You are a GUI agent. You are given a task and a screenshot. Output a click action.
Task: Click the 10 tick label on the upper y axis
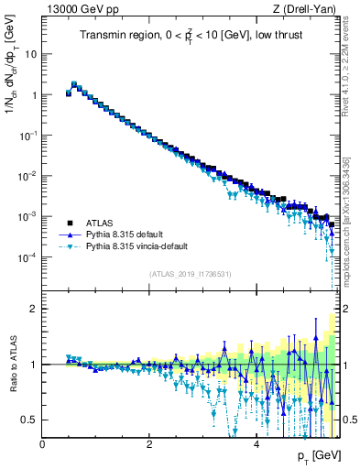point(30,54)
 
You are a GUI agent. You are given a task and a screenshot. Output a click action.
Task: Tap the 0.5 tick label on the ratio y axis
point(30,420)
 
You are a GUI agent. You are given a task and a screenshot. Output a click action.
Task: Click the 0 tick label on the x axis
point(42,444)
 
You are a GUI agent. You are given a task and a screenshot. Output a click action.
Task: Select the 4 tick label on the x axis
point(256,444)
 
